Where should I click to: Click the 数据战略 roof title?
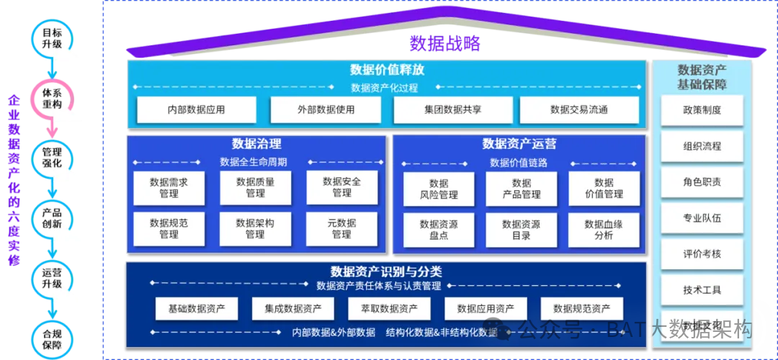(x=444, y=43)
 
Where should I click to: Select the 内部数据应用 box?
(x=196, y=110)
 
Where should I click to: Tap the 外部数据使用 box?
(x=326, y=110)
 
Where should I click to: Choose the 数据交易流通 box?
(x=578, y=110)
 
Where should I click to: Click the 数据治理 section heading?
(x=256, y=143)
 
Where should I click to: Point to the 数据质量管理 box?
(x=255, y=188)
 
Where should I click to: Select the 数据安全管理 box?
(x=341, y=188)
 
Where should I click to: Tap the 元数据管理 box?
(x=341, y=229)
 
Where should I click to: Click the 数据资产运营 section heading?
(x=519, y=144)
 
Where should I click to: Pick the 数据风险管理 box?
(x=439, y=189)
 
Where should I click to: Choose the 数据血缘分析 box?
(x=604, y=230)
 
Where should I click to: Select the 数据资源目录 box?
(x=521, y=230)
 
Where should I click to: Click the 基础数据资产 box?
(x=197, y=309)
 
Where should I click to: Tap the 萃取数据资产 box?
(x=389, y=309)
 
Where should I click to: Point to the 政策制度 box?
(x=702, y=111)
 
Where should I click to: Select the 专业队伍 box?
(x=702, y=217)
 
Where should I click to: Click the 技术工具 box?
(x=702, y=289)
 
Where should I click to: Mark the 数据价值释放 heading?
(x=387, y=70)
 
